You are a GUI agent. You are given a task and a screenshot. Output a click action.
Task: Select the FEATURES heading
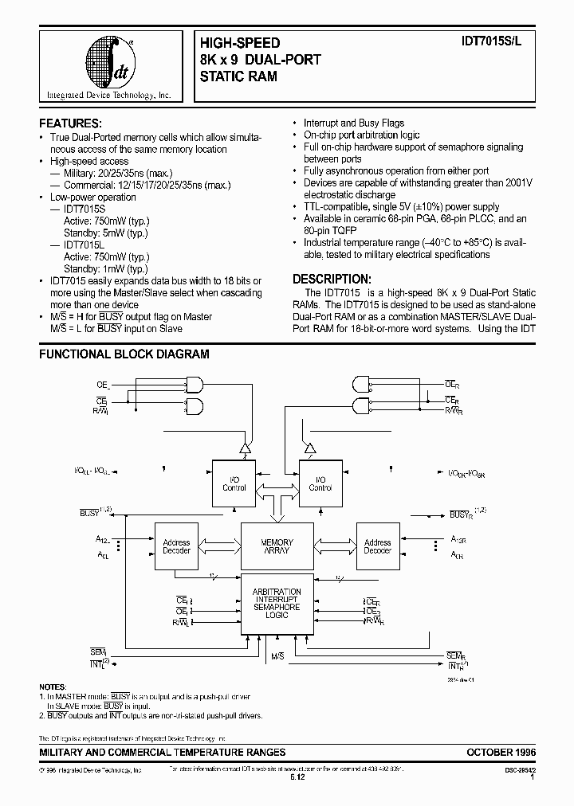pos(71,123)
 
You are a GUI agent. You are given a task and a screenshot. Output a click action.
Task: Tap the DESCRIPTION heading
pos(332,279)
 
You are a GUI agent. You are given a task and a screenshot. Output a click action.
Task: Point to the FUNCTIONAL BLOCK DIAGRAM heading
pos(124,354)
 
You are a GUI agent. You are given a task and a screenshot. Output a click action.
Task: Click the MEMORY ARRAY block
pos(277,546)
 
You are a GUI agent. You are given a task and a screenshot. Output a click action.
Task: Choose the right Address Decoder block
pos(377,546)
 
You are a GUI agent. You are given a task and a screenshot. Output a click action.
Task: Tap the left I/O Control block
pos(234,483)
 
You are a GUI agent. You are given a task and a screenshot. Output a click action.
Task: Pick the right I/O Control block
pos(320,483)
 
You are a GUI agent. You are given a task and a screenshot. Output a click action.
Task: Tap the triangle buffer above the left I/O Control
pos(247,448)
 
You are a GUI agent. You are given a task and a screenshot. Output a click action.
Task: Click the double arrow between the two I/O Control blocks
pos(277,483)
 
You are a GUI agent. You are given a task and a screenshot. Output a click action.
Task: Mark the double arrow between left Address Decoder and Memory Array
pos(216,546)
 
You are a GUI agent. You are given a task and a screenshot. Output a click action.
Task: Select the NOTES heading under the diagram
pos(53,686)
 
